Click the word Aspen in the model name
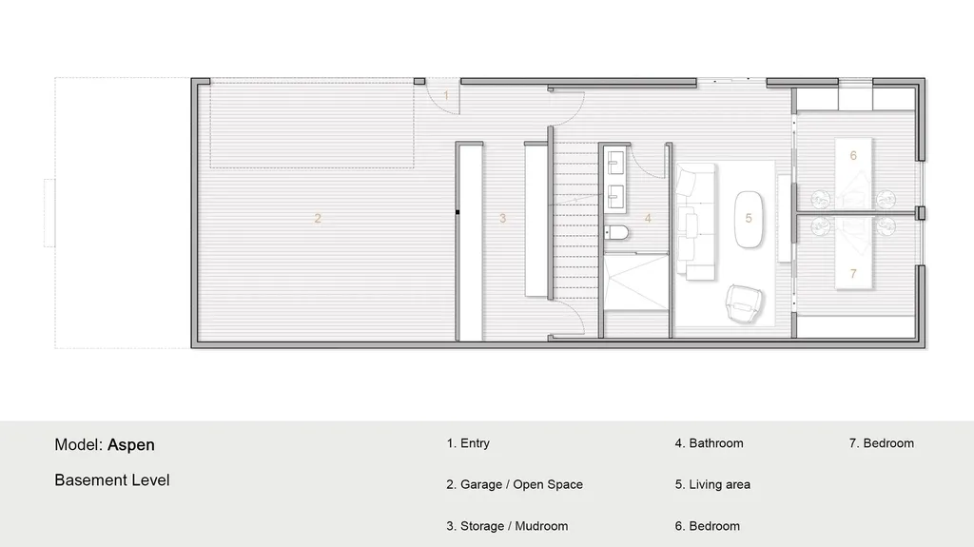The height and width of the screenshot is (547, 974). (x=131, y=444)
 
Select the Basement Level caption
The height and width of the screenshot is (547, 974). (x=112, y=480)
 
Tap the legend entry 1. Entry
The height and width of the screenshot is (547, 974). (x=468, y=443)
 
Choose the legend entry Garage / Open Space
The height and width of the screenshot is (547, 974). (x=515, y=484)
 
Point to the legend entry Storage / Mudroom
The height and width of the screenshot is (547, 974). (x=507, y=526)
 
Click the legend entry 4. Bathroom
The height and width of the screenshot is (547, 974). (x=709, y=443)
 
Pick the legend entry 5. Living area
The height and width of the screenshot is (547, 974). (x=712, y=484)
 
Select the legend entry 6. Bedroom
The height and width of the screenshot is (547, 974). (x=707, y=526)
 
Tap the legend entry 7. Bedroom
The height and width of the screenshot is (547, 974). (x=881, y=443)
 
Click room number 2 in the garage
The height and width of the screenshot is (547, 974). (x=318, y=218)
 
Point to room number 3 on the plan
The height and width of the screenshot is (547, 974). (x=503, y=218)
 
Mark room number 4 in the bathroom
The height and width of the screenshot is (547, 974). (x=648, y=218)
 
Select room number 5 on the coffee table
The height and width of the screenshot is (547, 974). (x=749, y=218)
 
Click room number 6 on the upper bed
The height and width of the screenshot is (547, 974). (x=853, y=155)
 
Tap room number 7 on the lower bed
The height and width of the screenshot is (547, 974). (x=853, y=273)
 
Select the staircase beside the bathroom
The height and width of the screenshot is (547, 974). (x=575, y=219)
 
